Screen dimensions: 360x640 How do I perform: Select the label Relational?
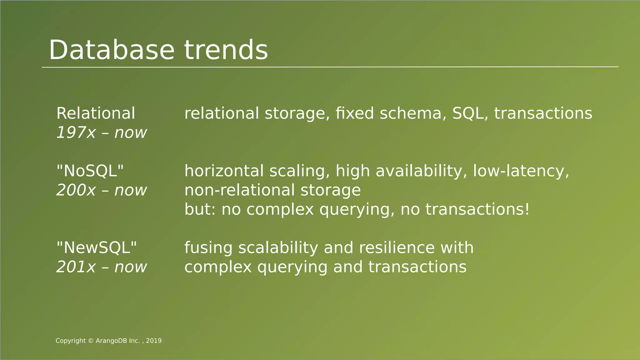[96, 113]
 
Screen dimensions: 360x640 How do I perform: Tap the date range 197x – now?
[101, 133]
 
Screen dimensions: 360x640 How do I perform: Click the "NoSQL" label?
[90, 171]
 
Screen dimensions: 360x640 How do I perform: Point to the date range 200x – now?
[101, 190]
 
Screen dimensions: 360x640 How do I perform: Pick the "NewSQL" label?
[97, 248]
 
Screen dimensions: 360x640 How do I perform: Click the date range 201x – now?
[101, 267]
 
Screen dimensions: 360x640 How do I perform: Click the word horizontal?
[224, 171]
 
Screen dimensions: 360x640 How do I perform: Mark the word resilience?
[397, 248]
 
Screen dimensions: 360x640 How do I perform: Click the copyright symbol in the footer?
[91, 341]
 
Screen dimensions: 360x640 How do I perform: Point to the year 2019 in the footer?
[154, 341]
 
